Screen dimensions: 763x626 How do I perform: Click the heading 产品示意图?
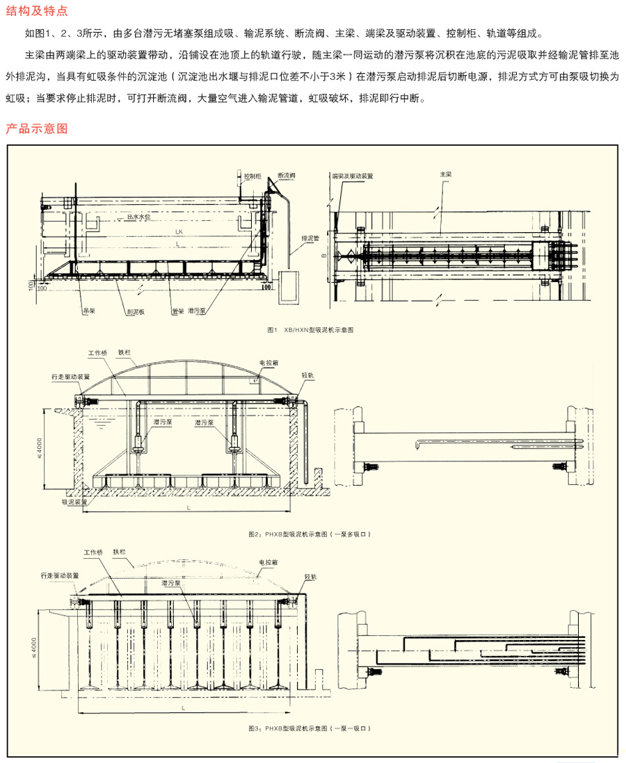pos(36,129)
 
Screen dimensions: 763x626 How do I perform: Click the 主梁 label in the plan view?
pos(446,174)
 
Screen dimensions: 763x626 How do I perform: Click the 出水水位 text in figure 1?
pos(139,217)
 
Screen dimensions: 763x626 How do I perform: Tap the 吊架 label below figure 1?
pos(89,312)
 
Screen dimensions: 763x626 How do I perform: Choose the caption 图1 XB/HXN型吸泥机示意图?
pos(310,330)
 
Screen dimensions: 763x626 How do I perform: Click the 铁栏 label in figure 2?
pos(125,352)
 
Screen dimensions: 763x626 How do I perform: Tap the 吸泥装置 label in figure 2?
pos(74,501)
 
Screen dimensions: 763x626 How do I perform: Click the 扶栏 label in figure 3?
pos(124,551)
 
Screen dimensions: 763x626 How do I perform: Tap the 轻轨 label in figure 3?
pos(311,576)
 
